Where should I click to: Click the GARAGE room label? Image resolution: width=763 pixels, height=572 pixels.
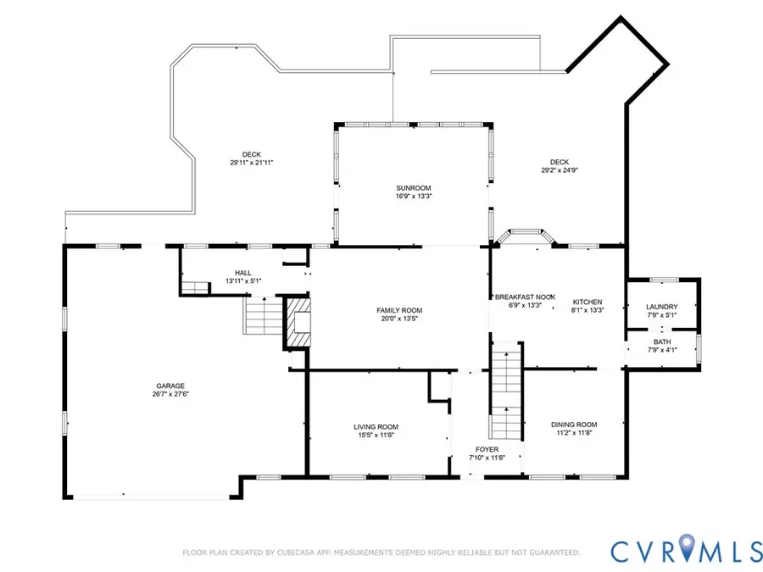[x=170, y=385]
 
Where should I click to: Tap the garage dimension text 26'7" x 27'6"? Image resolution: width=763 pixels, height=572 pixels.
[x=170, y=393]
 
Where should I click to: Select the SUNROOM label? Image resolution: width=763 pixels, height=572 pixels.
[x=414, y=187]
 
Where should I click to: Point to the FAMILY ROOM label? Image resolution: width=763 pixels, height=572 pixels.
[x=399, y=310]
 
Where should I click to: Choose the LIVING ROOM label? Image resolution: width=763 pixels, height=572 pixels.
[x=376, y=426]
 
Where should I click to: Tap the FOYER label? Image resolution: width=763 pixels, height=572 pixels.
[x=487, y=448]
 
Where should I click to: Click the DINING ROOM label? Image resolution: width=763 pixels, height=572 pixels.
[x=574, y=425]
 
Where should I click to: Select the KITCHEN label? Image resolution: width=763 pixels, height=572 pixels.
[x=588, y=302]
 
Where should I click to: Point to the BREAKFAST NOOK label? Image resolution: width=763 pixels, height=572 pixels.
[x=524, y=297]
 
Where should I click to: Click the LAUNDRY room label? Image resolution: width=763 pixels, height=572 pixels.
[x=661, y=307]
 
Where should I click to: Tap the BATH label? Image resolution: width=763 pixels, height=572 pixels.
[x=661, y=342]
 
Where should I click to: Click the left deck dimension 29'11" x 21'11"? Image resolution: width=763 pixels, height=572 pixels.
[x=251, y=162]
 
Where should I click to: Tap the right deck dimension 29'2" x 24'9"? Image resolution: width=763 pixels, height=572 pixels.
[x=559, y=169]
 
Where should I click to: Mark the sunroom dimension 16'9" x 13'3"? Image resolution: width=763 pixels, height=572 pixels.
[x=414, y=196]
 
